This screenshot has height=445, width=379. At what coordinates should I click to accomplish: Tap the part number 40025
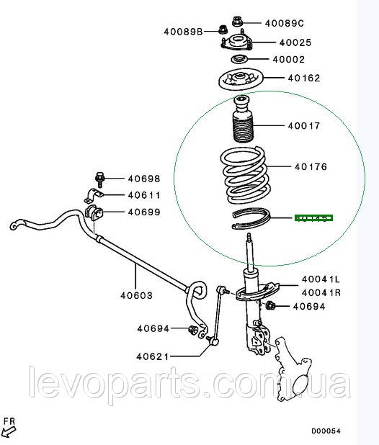pos(295,42)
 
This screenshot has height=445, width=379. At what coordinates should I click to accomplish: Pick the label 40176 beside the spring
pos(311,166)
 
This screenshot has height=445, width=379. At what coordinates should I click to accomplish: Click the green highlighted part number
pos(313,217)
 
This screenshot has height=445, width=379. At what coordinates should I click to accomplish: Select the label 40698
pos(144,179)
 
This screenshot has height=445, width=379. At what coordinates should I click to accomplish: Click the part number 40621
pos(153,356)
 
